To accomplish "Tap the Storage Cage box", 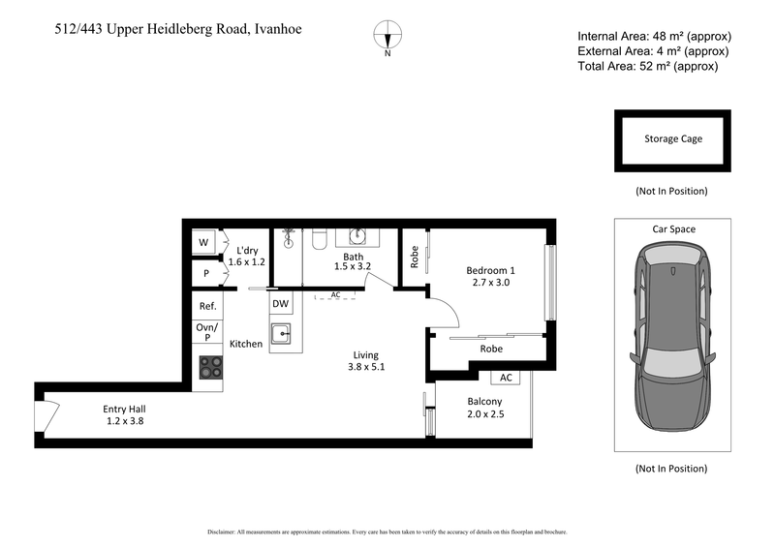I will tap(673, 139).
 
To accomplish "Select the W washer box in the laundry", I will tap(204, 242).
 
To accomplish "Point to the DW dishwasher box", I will tap(280, 304).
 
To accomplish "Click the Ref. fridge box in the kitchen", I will tap(207, 306).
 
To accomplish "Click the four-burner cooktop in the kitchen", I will tap(209, 368).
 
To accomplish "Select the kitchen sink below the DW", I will tap(281, 334).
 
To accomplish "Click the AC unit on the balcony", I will tap(505, 378).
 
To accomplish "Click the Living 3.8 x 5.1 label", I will tap(365, 360).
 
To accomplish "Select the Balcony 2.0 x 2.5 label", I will tap(484, 408).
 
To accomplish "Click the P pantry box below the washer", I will tap(206, 274).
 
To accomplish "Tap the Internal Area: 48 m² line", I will tap(653, 37).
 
